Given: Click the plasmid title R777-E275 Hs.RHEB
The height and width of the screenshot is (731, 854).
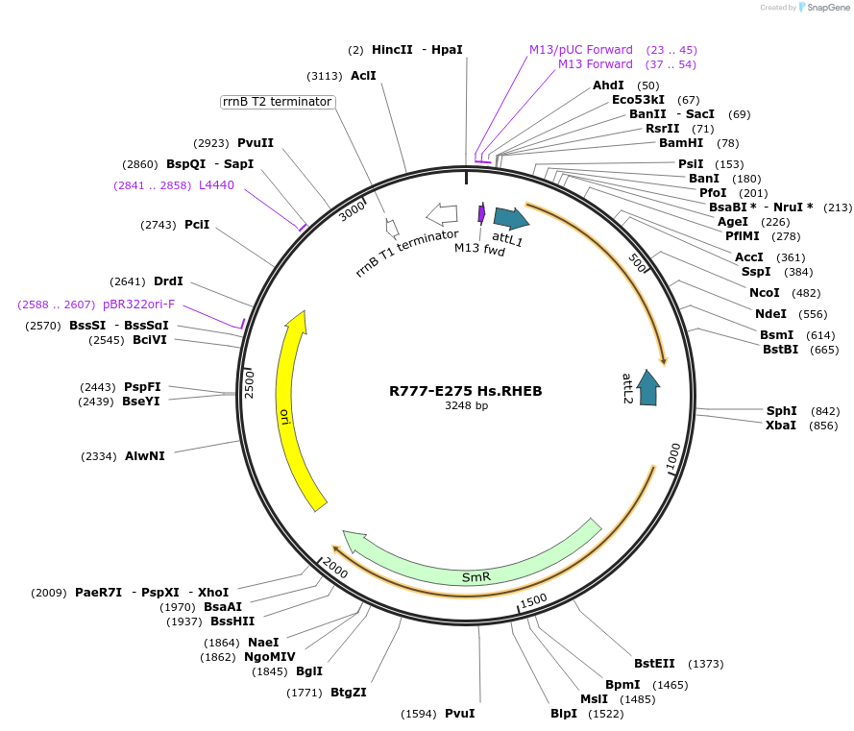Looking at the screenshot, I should pyautogui.click(x=466, y=391).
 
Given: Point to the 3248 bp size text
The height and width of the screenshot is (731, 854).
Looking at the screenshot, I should pyautogui.click(x=466, y=405).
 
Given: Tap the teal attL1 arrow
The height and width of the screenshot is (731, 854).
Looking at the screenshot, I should pyautogui.click(x=510, y=218).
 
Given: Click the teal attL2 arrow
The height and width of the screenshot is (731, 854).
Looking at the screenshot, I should pyautogui.click(x=649, y=386).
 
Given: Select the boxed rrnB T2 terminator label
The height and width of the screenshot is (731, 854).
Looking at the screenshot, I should pyautogui.click(x=277, y=102).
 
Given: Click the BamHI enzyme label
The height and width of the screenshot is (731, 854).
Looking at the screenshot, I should pyautogui.click(x=681, y=143).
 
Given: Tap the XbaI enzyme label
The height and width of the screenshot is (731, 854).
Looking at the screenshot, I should pyautogui.click(x=781, y=426).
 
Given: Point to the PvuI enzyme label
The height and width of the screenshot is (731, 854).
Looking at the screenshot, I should pyautogui.click(x=459, y=714).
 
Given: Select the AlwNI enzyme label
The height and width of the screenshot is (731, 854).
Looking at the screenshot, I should pyautogui.click(x=145, y=456).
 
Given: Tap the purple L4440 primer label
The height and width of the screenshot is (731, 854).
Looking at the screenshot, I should pyautogui.click(x=216, y=185).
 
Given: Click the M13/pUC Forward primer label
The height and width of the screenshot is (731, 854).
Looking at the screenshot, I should pyautogui.click(x=580, y=50).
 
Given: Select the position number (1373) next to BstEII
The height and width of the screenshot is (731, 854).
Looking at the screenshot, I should pyautogui.click(x=706, y=664).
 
